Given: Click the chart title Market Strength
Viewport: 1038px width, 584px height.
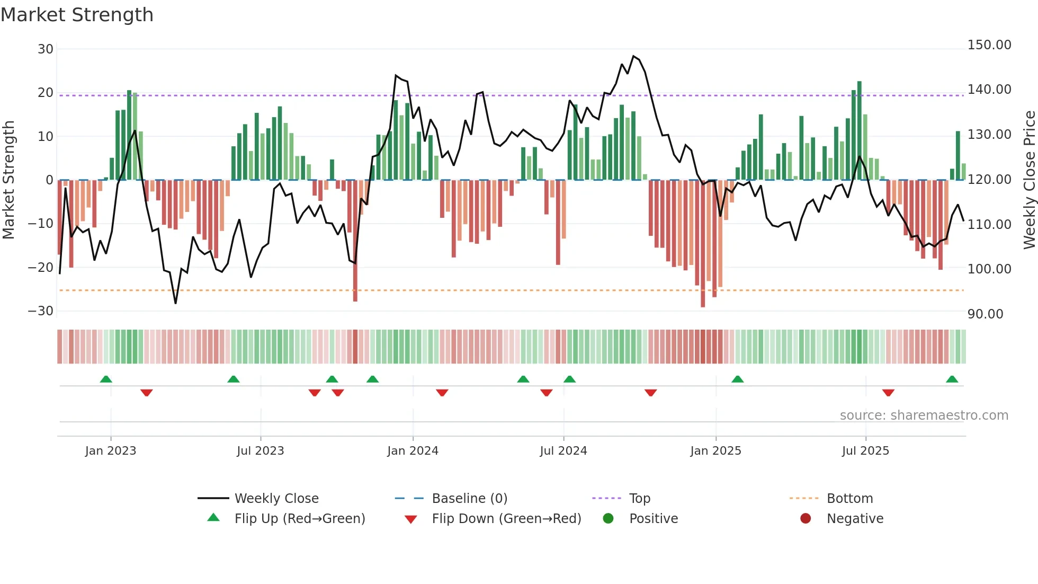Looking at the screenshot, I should tap(77, 15).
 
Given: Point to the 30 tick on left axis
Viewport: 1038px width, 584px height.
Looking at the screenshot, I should tap(46, 49).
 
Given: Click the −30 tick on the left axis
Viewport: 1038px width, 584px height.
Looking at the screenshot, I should tap(41, 311).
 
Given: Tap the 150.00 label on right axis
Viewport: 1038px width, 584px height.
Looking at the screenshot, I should tap(989, 45).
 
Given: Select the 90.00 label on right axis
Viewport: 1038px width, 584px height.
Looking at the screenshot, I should tap(985, 314).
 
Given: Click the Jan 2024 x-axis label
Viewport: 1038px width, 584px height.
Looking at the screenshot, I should tap(413, 451).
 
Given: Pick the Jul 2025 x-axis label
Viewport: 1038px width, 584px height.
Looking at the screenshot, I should tap(865, 451).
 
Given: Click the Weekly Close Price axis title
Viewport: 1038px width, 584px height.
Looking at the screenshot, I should tap(1029, 180).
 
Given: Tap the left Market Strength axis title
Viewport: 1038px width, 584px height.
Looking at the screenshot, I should tap(8, 180).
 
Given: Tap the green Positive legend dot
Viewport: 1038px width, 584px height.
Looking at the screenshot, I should tap(608, 519).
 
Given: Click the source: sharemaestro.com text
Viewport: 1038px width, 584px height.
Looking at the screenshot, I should tap(924, 415).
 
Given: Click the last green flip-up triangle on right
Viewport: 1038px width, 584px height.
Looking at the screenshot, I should tap(952, 379).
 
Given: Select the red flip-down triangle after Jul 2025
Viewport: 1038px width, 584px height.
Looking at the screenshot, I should tap(888, 393).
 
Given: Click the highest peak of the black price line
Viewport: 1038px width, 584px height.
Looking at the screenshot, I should tap(633, 56).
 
